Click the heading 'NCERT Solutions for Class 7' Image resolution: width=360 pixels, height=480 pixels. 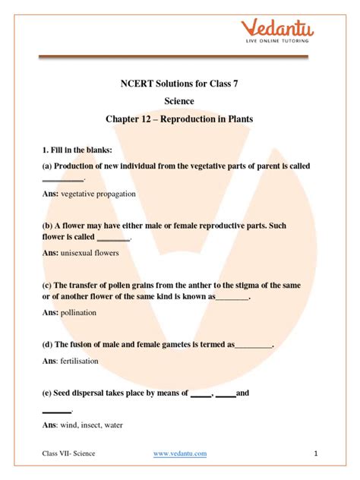pyautogui.click(x=179, y=84)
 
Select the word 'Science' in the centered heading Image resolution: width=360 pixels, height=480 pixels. pyautogui.click(x=179, y=100)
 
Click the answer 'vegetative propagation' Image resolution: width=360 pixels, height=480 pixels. pyautogui.click(x=98, y=194)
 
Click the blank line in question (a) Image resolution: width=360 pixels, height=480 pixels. pyautogui.click(x=62, y=180)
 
